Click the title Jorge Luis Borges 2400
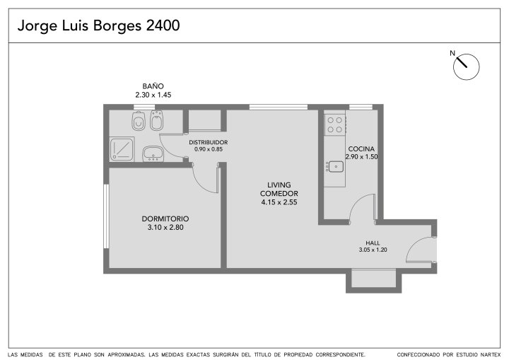point(99,25)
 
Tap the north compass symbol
point(466,66)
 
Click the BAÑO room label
point(153,86)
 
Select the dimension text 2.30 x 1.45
point(153,95)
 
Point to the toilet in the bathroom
point(139,121)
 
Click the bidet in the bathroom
point(157,120)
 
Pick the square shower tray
point(122,149)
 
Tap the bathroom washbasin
point(153,153)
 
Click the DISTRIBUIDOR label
point(209,142)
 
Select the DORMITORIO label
point(165,219)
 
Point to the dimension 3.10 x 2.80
point(165,228)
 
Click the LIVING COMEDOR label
point(279,189)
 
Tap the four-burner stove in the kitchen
point(334,124)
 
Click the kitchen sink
point(336,167)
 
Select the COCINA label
point(361,149)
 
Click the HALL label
point(373,243)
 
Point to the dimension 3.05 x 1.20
point(373,250)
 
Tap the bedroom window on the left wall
point(106,216)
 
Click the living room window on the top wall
point(279,107)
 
